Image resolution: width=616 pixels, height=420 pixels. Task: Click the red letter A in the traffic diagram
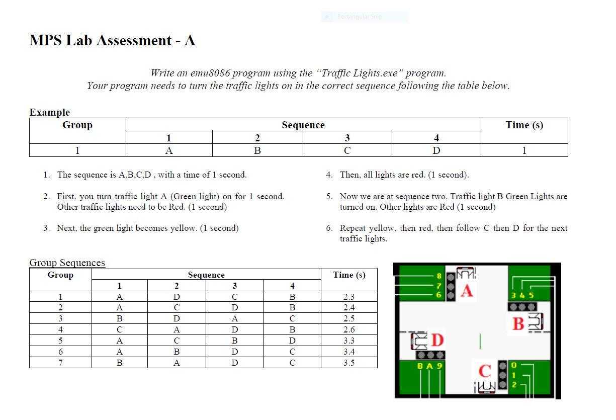point(467,291)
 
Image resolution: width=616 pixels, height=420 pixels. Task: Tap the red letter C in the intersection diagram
point(484,371)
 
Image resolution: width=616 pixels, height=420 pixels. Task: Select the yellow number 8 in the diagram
point(439,276)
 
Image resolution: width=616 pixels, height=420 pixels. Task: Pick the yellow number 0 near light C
point(514,365)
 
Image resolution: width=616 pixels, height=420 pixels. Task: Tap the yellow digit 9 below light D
point(439,366)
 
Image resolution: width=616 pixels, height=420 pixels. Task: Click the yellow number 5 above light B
point(531,295)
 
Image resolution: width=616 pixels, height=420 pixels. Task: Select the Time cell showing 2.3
point(349,297)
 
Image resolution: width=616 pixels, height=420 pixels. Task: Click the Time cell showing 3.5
point(349,363)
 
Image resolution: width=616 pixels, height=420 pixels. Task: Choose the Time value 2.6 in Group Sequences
point(349,329)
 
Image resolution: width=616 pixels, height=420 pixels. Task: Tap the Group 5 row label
point(60,341)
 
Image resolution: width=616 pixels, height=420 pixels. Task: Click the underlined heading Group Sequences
point(67,263)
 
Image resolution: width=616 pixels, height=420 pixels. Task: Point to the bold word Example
point(49,112)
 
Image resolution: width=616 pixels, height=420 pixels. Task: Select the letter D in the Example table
point(436,150)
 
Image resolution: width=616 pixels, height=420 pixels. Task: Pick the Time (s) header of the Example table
point(524,125)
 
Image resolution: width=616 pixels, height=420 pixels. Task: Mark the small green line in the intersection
point(480,341)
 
